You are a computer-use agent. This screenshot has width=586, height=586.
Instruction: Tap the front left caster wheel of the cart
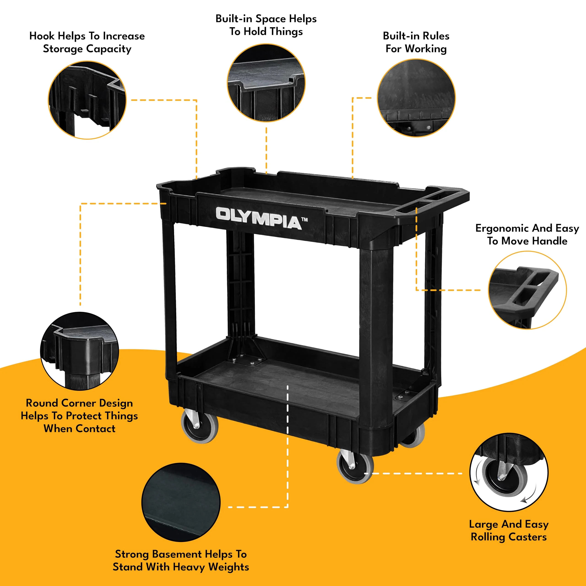point(200,426)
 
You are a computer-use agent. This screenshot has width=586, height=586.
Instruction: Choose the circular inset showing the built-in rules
point(416,98)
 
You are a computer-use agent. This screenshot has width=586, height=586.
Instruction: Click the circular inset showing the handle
point(527,290)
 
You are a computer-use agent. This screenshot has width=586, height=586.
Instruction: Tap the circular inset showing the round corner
point(79,351)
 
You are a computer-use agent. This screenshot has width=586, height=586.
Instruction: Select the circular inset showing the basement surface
point(181,502)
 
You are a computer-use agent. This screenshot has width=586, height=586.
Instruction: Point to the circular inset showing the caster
point(509,472)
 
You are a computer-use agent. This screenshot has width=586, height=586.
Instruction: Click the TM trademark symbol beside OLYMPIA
point(304,219)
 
